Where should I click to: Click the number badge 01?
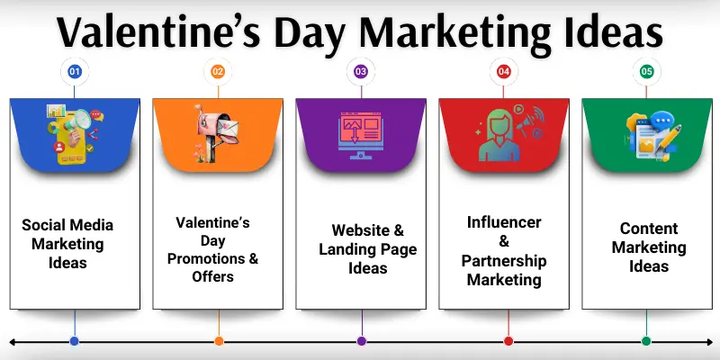tap(75, 70)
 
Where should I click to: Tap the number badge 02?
tap(218, 70)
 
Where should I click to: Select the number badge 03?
tap(361, 70)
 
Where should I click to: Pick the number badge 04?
tap(504, 70)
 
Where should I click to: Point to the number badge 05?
tap(646, 70)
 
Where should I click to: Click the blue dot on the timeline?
tap(75, 341)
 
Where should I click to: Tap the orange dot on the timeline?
tap(219, 341)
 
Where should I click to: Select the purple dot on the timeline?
tap(362, 341)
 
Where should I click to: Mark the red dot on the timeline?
tap(508, 341)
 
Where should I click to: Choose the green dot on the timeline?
tap(646, 341)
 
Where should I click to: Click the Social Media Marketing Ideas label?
tap(68, 244)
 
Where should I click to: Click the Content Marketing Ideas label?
tap(649, 247)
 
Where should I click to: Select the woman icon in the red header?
tap(500, 135)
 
